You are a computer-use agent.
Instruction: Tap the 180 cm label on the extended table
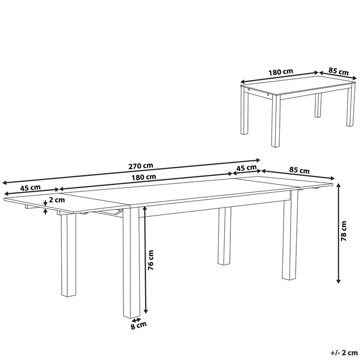[x=143, y=177]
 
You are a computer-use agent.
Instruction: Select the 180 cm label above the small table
[x=281, y=72]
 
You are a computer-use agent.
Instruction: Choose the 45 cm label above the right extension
[x=247, y=168]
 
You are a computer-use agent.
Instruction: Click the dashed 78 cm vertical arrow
[x=338, y=234]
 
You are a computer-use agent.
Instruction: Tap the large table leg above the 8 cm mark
[x=131, y=262]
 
